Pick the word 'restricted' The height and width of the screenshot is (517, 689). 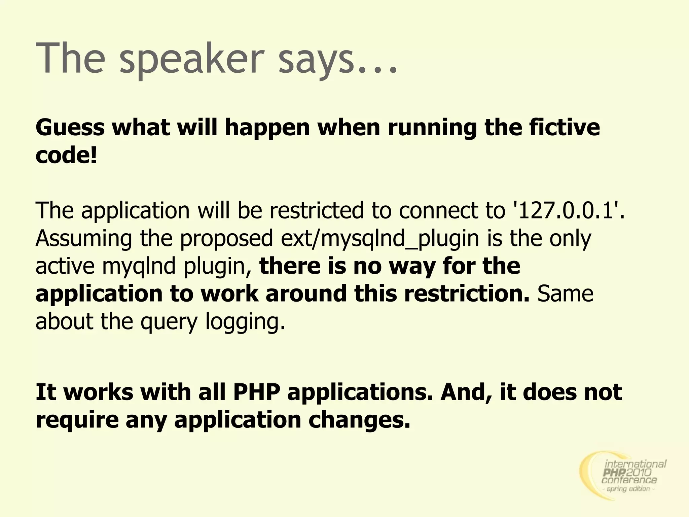tap(317, 210)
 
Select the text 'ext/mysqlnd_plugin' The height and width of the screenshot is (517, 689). tap(380, 239)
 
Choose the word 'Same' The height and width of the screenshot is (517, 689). tap(565, 294)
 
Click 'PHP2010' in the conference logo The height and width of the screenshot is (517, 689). tap(628, 473)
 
